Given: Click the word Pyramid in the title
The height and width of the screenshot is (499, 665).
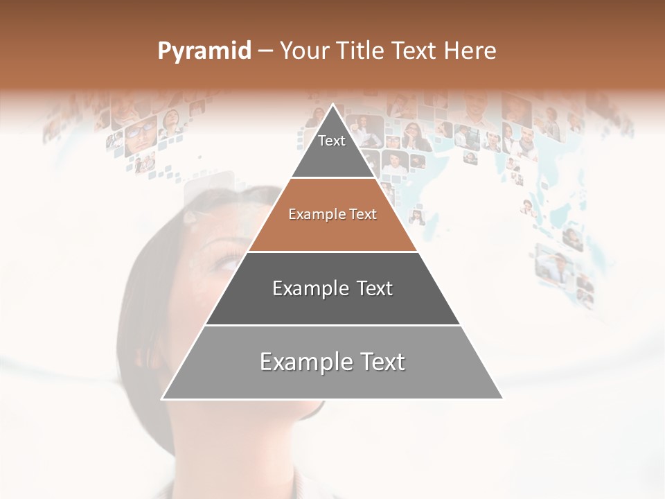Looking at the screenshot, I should (204, 51).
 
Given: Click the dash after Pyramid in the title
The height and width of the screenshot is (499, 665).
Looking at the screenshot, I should (265, 51).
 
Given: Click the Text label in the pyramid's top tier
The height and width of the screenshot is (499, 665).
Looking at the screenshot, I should (332, 141).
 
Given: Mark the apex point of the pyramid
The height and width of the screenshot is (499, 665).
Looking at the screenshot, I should (333, 104).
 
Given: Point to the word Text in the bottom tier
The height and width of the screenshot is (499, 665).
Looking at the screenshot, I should (382, 362).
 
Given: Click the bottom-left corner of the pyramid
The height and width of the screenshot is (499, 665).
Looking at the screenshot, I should (162, 399).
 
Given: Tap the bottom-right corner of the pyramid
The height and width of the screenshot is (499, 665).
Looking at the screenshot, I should (502, 399).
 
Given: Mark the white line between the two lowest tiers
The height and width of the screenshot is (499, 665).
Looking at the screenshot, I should (332, 325).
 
